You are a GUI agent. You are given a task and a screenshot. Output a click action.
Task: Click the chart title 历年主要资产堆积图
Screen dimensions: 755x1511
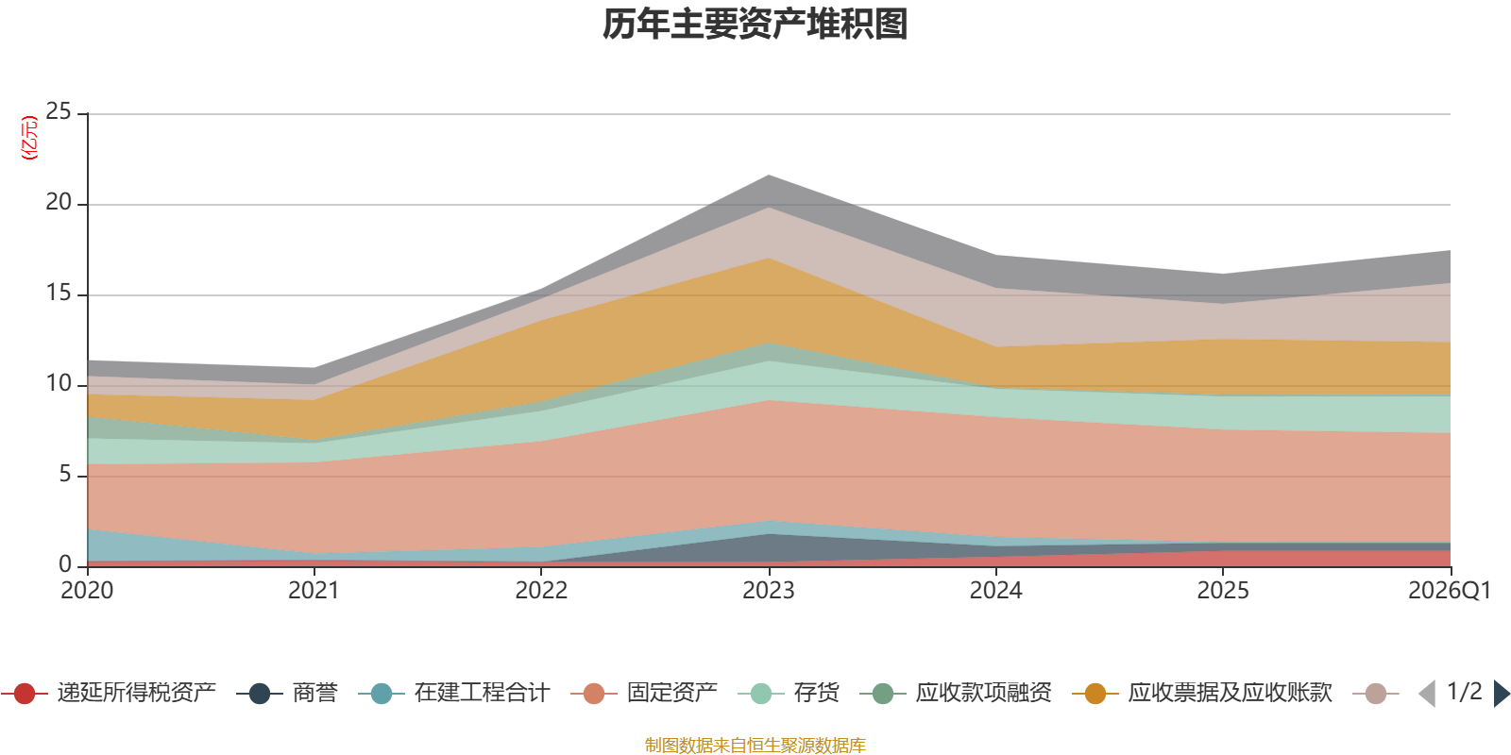(x=755, y=25)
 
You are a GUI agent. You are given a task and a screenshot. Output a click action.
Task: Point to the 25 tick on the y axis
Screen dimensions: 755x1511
(x=59, y=112)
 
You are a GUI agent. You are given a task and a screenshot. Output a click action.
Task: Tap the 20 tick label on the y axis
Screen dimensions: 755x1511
(x=59, y=203)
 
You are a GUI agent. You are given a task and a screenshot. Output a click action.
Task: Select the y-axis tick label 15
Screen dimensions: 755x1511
(x=59, y=294)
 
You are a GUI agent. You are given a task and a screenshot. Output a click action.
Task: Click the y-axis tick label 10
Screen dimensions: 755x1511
(x=59, y=384)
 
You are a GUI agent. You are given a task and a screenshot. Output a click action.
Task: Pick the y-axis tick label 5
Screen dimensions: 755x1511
(x=64, y=475)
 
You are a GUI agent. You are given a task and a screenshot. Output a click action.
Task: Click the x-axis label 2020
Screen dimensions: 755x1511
(x=87, y=591)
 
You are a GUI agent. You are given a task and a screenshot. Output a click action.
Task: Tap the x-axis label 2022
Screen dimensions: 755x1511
(x=541, y=591)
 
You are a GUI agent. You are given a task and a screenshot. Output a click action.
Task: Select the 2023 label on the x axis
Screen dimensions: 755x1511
(x=769, y=591)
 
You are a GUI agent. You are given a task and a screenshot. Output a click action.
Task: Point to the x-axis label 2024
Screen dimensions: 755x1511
(x=995, y=591)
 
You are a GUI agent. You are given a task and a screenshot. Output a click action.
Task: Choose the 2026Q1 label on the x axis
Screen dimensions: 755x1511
(x=1449, y=591)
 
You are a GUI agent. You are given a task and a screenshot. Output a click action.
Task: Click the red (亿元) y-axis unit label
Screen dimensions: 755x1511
(x=29, y=138)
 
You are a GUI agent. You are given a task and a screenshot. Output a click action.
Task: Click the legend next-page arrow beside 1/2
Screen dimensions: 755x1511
(x=1501, y=694)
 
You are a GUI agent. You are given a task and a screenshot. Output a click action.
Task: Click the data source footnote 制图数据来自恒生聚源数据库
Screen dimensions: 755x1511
(x=755, y=746)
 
